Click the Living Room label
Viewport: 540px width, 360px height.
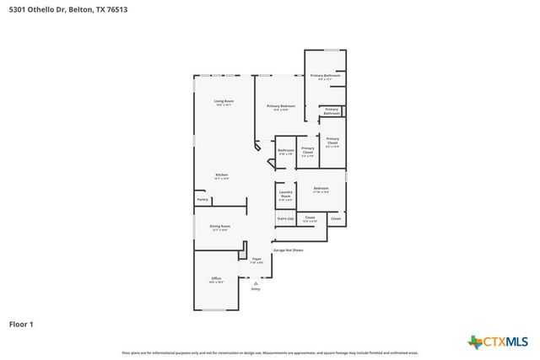[224, 103]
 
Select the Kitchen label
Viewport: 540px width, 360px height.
[221, 176]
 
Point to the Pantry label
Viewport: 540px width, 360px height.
[202, 200]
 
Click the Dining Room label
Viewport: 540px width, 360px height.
[220, 227]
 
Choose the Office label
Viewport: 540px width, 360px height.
[216, 280]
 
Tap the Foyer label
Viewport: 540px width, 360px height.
[256, 261]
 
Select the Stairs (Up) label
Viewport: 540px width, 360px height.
[285, 219]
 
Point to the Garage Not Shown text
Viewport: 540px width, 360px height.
[287, 250]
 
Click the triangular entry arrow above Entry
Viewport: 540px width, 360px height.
[256, 283]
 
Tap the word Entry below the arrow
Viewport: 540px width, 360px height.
[256, 289]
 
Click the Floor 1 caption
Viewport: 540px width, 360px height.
[21, 324]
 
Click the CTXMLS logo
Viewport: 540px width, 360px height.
[499, 341]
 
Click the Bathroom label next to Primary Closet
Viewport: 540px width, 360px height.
[286, 153]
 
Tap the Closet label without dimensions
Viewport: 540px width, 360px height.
[336, 218]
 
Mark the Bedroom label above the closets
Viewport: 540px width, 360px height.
[321, 190]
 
